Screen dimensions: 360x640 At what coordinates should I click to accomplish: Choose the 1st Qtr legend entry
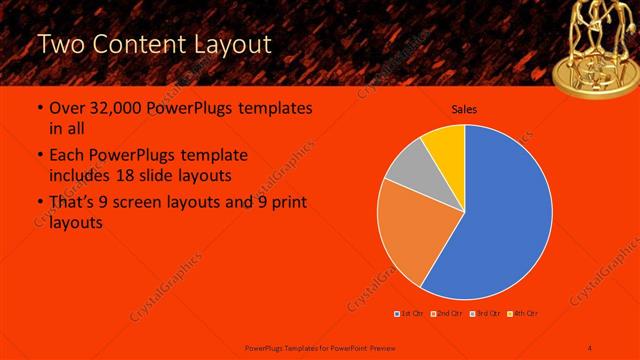pyautogui.click(x=410, y=315)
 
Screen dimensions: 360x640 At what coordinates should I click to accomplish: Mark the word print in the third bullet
pyautogui.click(x=288, y=203)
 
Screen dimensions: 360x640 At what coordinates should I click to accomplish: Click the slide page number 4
pyautogui.click(x=590, y=347)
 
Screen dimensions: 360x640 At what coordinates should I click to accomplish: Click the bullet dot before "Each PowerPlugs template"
pyautogui.click(x=39, y=156)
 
